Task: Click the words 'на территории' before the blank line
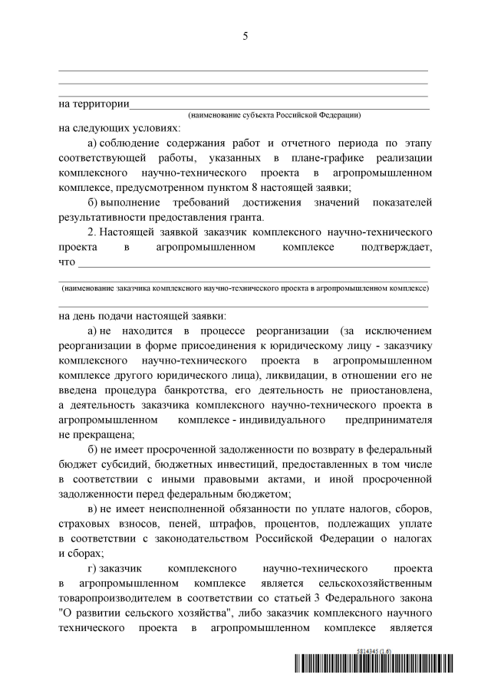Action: point(93,104)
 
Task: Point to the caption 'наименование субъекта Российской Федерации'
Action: point(275,115)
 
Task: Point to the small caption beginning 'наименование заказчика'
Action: point(245,288)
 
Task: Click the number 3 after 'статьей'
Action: point(320,597)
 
